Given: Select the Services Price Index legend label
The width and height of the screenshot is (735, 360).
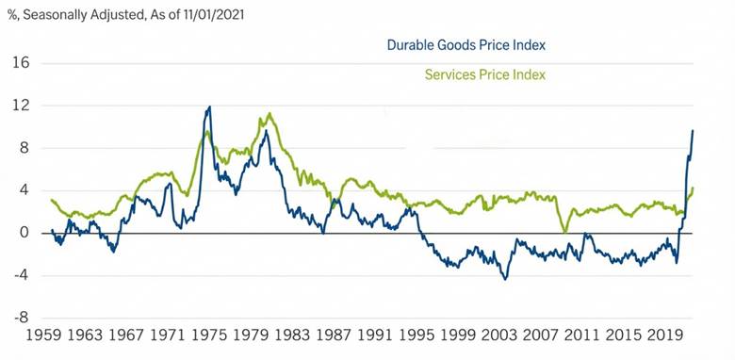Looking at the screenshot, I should [x=485, y=74].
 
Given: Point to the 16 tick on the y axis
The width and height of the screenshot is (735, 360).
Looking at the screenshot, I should [x=21, y=63].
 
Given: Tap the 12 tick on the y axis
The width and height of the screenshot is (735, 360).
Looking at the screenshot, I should [x=21, y=106].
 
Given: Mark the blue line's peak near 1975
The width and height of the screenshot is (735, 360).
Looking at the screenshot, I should [x=209, y=106].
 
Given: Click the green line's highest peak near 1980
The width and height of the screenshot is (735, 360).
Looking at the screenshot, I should [x=270, y=114].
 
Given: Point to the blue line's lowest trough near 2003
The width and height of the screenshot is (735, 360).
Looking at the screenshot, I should [x=505, y=278].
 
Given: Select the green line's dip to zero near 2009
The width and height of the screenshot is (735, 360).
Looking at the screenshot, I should [x=563, y=232].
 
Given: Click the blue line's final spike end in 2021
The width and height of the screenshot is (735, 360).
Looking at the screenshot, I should [x=694, y=130].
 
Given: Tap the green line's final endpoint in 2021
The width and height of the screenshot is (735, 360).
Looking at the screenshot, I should [x=694, y=188].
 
